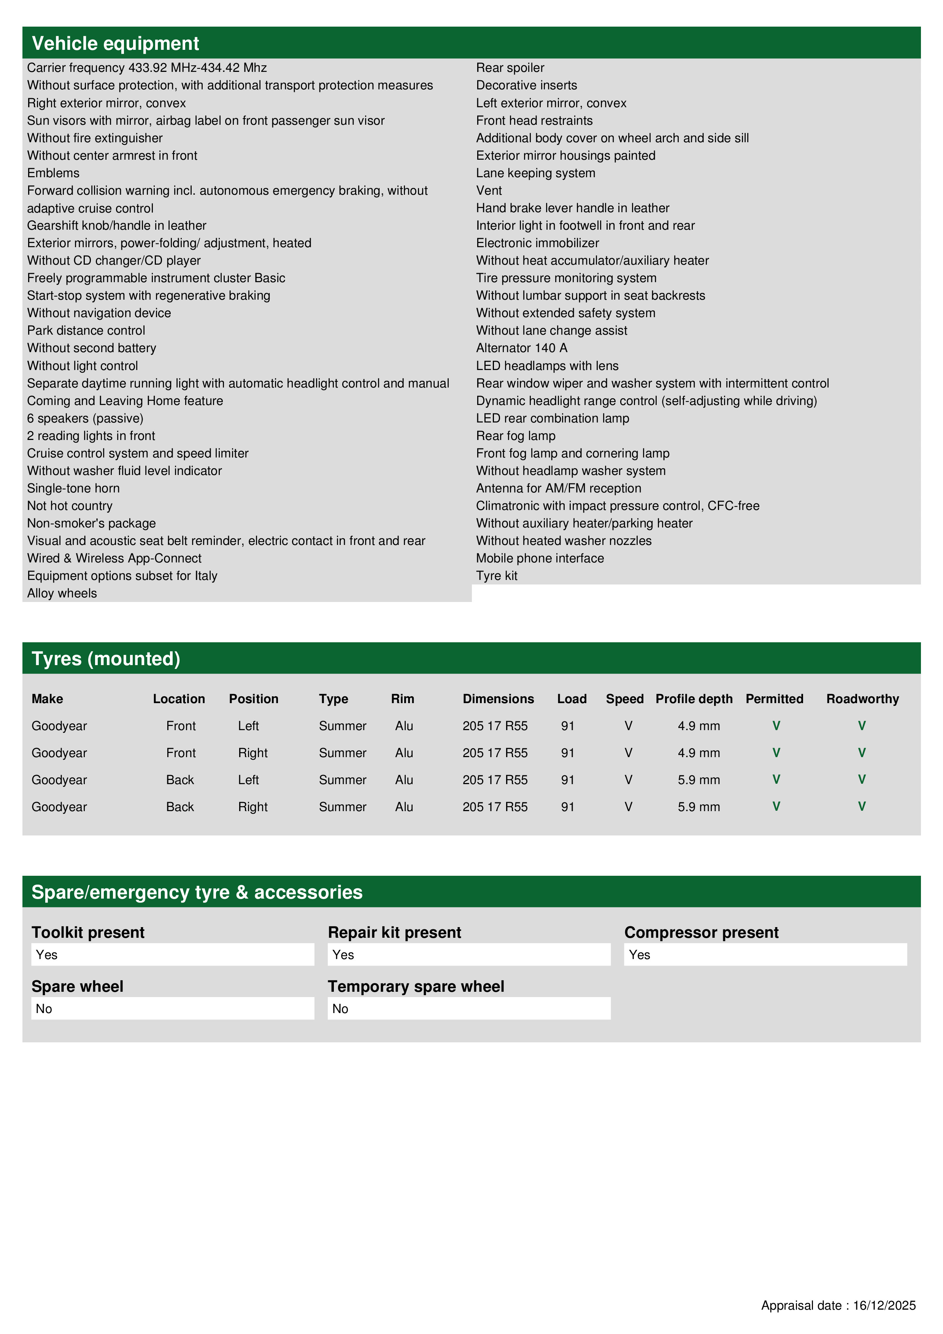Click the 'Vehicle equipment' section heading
tap(115, 44)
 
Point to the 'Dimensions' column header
tap(498, 699)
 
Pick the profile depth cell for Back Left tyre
tap(699, 780)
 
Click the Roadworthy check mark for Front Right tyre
tap(862, 753)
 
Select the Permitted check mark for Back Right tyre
tap(776, 807)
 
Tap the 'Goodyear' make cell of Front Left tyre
tap(59, 726)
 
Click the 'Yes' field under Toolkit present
tap(173, 954)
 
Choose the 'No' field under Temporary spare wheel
tap(468, 1008)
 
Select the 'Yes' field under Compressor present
tap(765, 954)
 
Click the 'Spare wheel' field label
tap(77, 986)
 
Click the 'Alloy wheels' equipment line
tap(62, 593)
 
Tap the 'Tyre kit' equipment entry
tap(497, 576)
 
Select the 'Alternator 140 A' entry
tap(522, 348)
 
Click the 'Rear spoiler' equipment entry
tap(510, 68)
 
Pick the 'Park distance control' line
tap(86, 330)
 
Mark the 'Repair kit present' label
tap(395, 932)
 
